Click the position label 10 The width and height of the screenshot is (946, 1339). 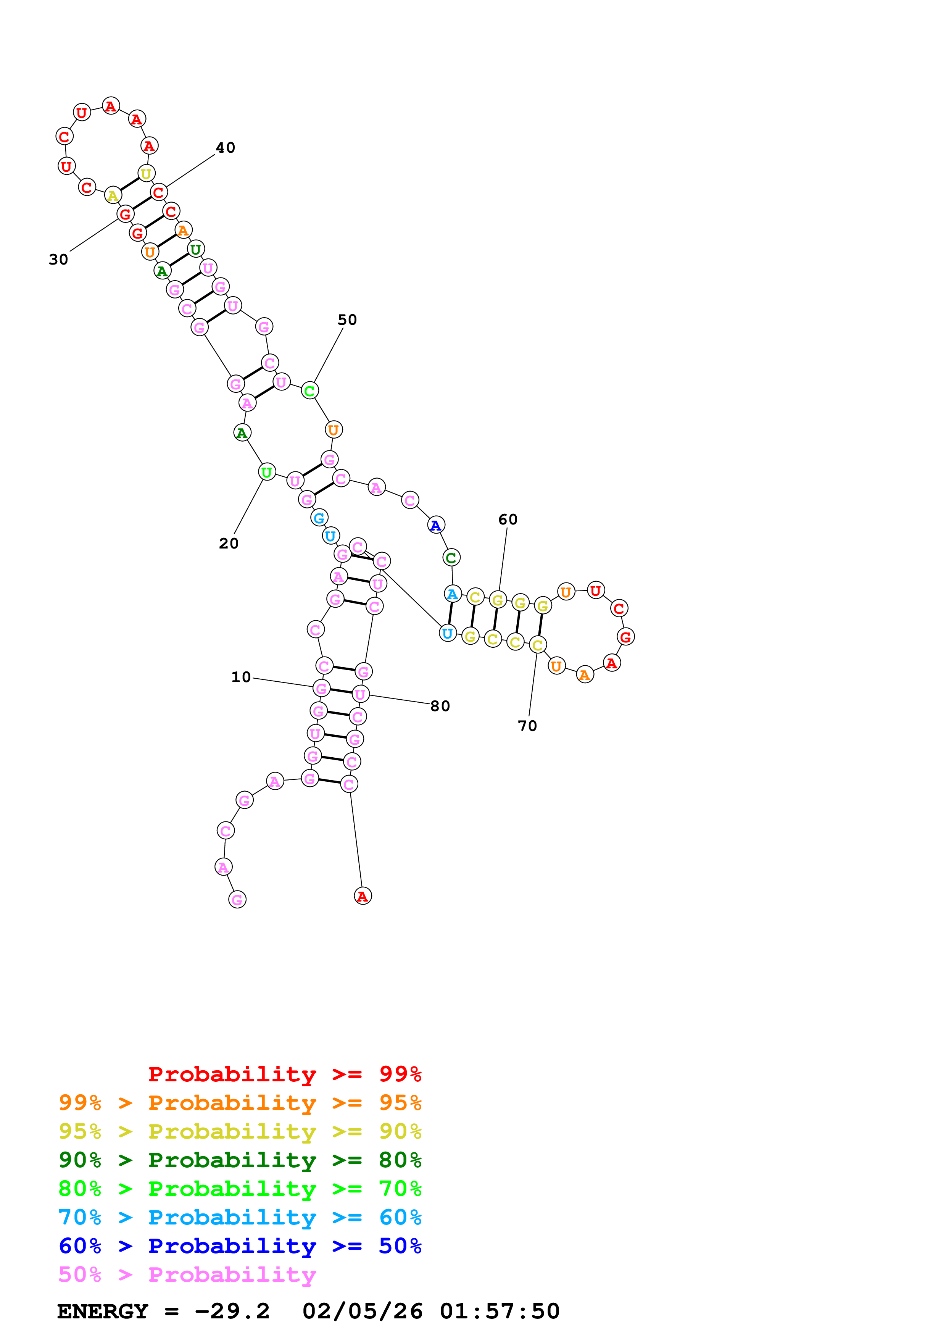(x=241, y=677)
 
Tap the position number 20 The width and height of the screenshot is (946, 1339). (x=229, y=544)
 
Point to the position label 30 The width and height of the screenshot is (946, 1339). (x=58, y=260)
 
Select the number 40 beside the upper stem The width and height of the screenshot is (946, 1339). (x=226, y=148)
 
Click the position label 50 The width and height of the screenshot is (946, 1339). (x=347, y=320)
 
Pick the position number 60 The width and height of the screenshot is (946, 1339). (x=508, y=519)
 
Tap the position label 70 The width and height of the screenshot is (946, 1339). (x=527, y=726)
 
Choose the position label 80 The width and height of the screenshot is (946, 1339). (x=440, y=706)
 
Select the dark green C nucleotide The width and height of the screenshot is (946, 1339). (x=451, y=558)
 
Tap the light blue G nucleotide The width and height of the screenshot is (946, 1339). (x=319, y=518)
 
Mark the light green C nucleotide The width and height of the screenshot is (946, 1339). (x=309, y=391)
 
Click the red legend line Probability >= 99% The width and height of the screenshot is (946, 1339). (x=284, y=1074)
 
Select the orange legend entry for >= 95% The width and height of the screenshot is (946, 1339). (x=240, y=1103)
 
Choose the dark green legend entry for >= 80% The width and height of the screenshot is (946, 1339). (x=240, y=1160)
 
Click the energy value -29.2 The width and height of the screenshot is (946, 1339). (x=232, y=1312)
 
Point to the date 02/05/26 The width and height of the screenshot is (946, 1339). (x=362, y=1312)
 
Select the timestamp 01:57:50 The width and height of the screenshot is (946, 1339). (x=500, y=1312)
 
